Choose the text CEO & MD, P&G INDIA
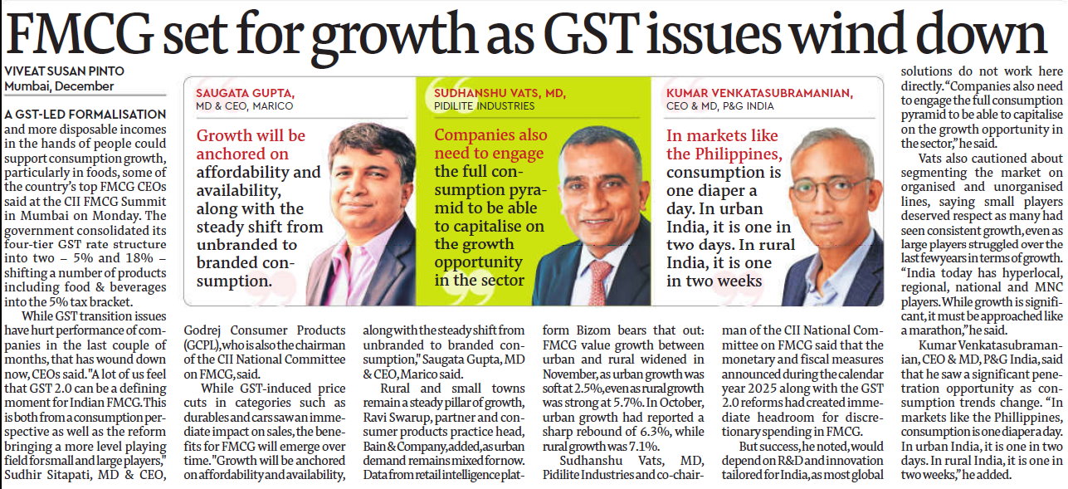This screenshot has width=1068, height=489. point(719,106)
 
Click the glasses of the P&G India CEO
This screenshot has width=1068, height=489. point(817,187)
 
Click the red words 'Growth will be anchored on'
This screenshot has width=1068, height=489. point(249,144)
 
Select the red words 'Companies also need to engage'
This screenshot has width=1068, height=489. point(490,144)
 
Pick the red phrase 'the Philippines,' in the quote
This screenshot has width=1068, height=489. point(723,154)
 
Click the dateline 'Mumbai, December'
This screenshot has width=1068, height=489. point(59,86)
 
